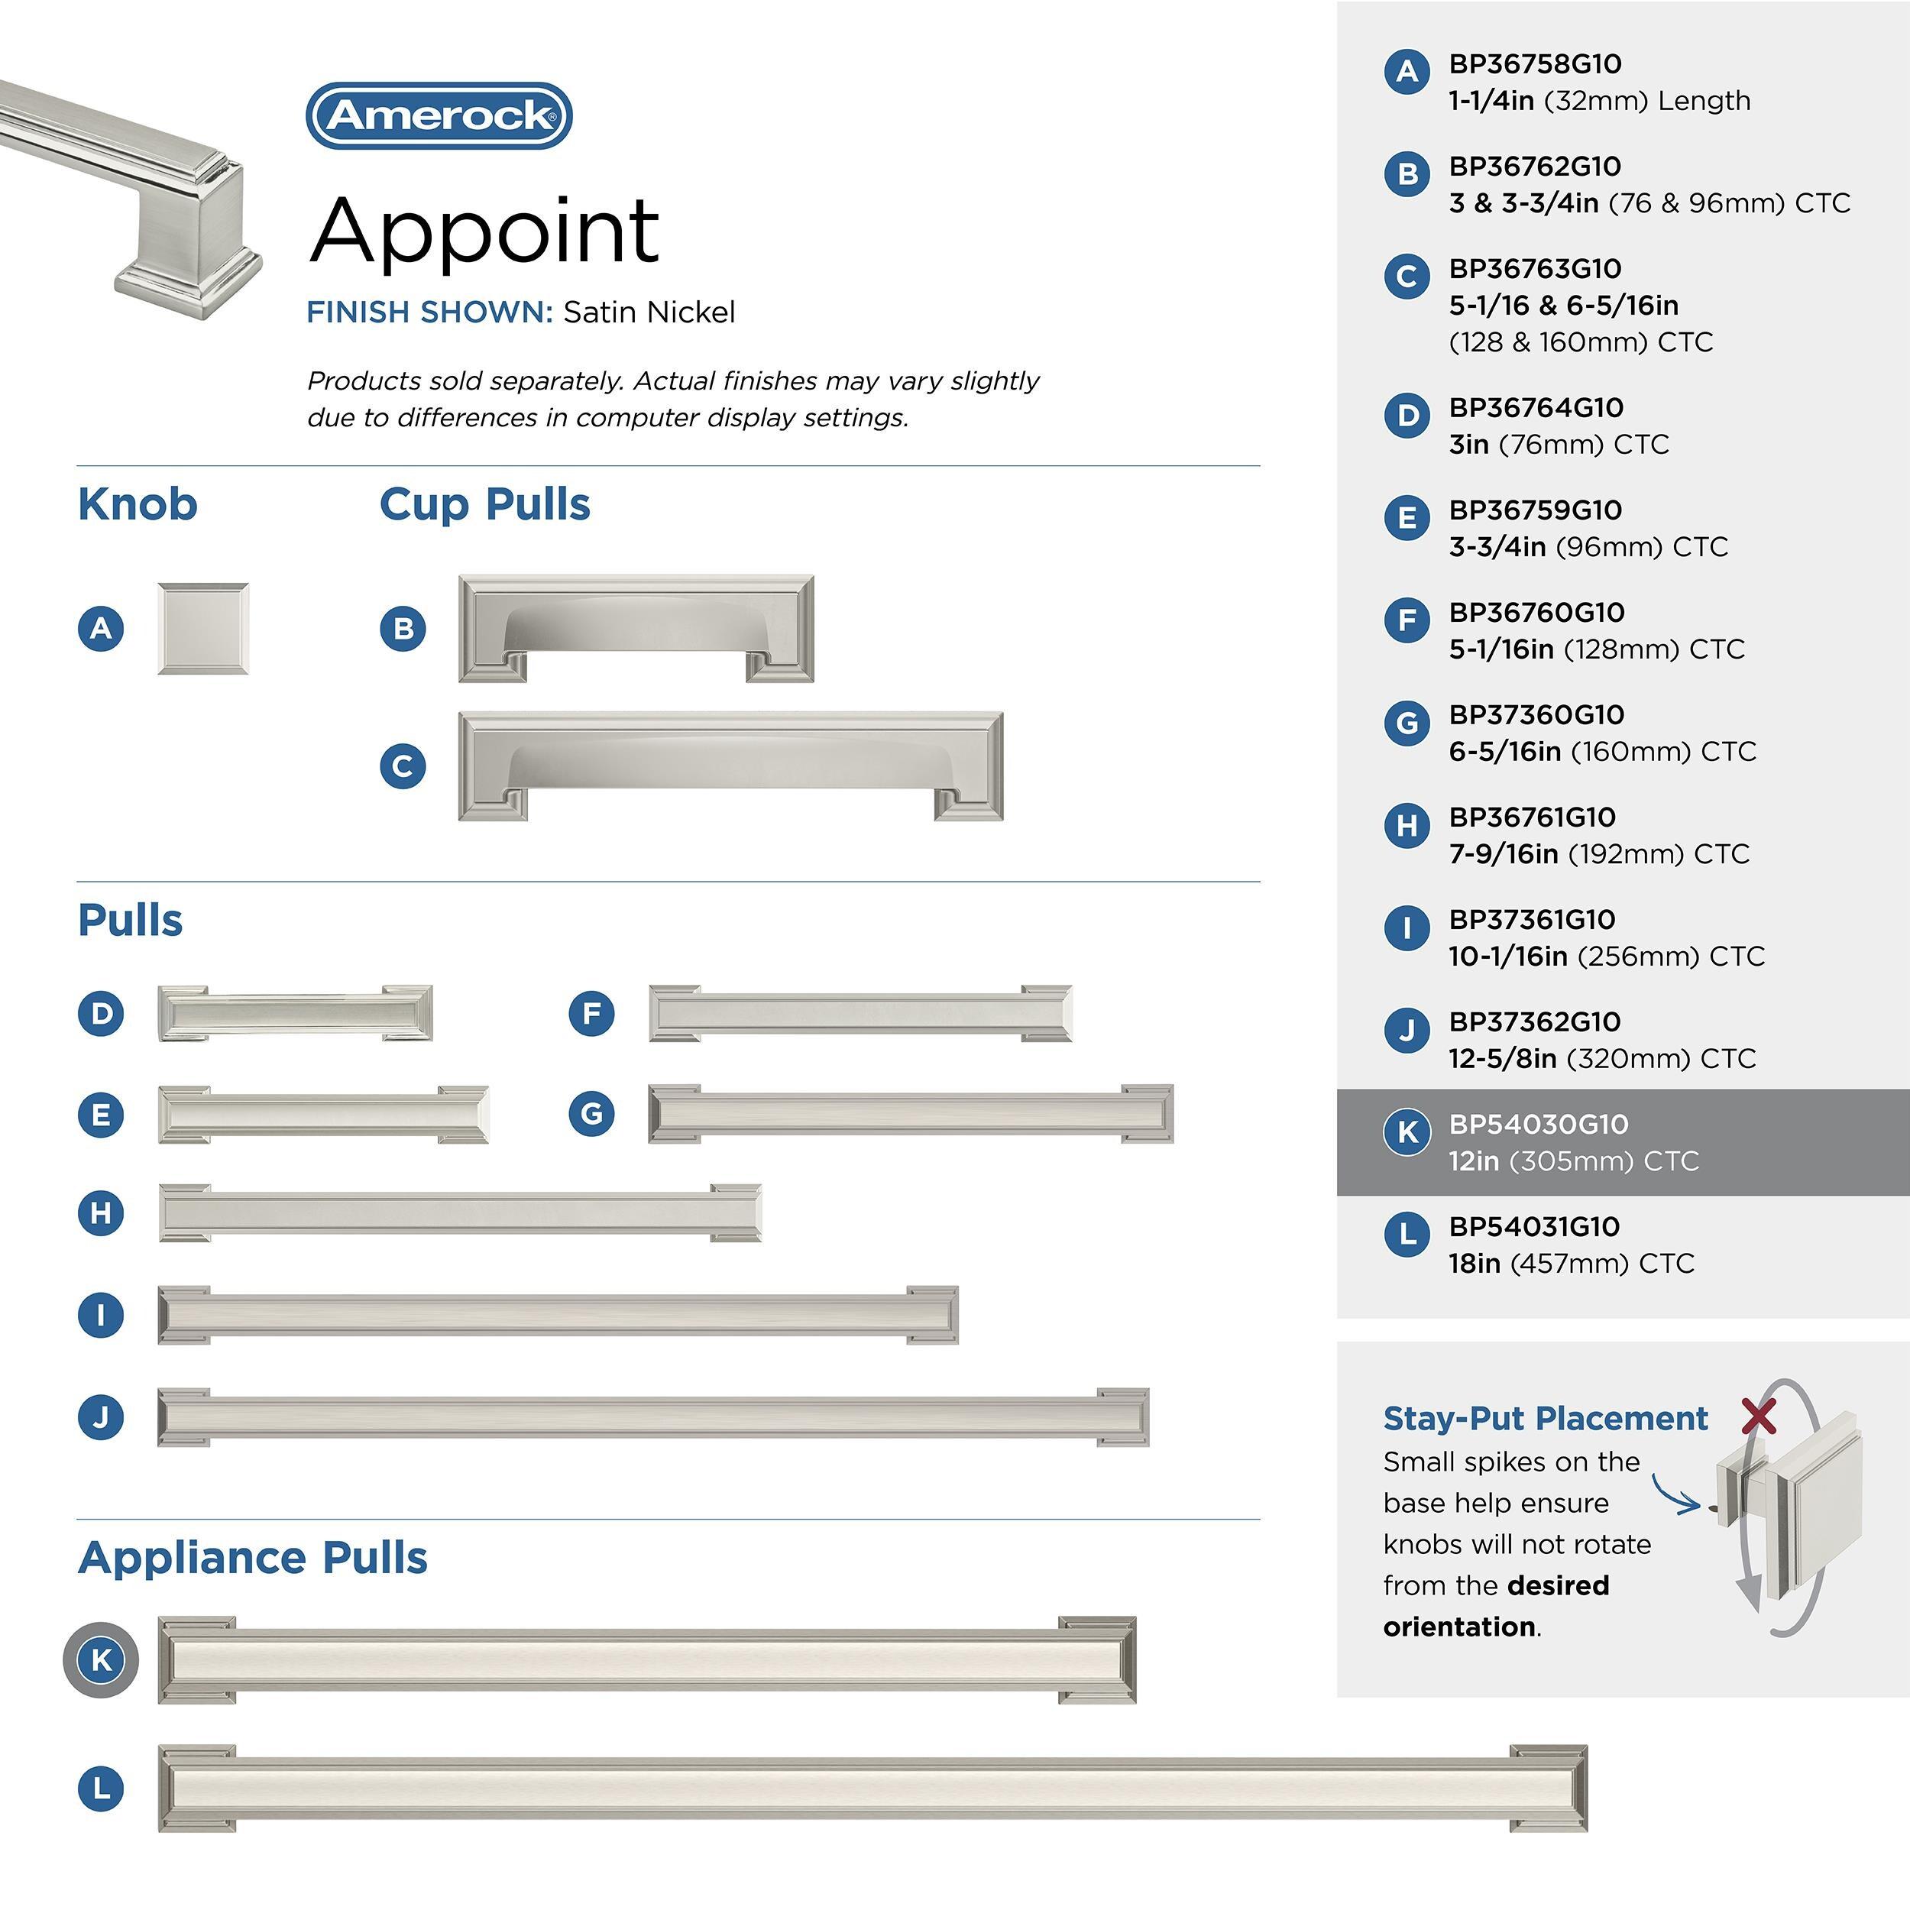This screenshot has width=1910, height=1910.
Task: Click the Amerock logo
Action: pos(439,115)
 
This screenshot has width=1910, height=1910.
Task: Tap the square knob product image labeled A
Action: pos(202,629)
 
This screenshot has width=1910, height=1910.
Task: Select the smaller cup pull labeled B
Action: pos(636,629)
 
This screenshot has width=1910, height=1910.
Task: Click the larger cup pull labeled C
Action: pos(730,766)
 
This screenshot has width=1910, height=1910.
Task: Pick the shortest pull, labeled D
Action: pos(295,1013)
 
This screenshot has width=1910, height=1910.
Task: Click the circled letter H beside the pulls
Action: pos(101,1213)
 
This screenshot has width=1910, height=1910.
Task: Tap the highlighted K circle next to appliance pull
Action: pos(101,1660)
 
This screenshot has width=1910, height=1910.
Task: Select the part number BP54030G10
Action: pos(1537,1124)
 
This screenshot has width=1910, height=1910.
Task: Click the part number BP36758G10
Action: pos(1534,64)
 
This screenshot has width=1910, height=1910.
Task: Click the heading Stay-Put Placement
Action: pos(1544,1419)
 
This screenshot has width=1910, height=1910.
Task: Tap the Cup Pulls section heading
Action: pos(484,504)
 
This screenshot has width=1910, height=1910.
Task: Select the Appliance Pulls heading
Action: pos(252,1557)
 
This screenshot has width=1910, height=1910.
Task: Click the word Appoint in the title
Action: pos(484,231)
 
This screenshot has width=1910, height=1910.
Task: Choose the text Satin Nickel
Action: pos(649,312)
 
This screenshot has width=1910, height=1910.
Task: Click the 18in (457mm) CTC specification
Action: pos(1571,1264)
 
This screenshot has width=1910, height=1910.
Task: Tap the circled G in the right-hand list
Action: pos(1407,724)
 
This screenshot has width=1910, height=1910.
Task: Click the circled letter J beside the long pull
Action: pos(101,1416)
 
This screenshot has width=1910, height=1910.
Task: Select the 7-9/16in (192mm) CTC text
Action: pos(1598,854)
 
